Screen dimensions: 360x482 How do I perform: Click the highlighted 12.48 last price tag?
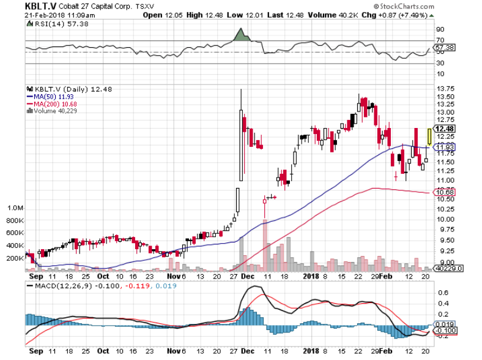tap(445, 129)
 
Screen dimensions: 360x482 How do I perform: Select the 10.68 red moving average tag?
tap(443, 193)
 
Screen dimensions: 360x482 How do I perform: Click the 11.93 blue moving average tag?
tap(443, 148)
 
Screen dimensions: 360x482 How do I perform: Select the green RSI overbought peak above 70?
tap(241, 36)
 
